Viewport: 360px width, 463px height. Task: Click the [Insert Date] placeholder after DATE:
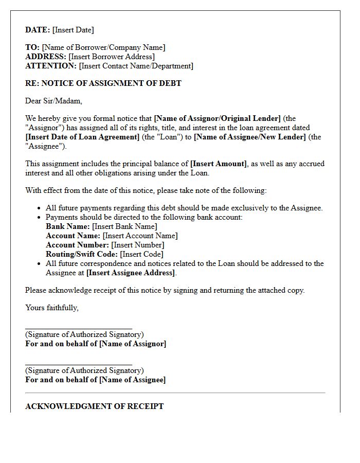point(73,30)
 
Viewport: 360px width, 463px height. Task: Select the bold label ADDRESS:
point(46,57)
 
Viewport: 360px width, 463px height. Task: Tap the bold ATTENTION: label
point(51,66)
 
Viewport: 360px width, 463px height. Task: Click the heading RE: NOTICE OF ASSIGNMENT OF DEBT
point(103,83)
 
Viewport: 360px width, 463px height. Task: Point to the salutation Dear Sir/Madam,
point(53,101)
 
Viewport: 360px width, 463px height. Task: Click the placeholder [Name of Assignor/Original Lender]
point(217,118)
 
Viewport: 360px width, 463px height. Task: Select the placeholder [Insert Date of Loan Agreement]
point(82,137)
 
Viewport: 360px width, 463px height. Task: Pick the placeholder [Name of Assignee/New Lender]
point(250,137)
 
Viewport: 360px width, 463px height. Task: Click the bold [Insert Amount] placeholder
point(219,164)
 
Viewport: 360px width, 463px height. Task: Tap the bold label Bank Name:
point(68,226)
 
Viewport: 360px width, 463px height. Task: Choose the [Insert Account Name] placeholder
point(140,236)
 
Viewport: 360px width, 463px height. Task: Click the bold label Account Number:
point(77,245)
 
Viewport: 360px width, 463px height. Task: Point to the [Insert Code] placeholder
point(141,254)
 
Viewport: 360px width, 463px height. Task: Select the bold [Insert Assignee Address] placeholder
point(131,273)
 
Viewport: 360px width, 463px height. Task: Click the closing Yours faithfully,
point(52,308)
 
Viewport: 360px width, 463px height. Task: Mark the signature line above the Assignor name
point(79,328)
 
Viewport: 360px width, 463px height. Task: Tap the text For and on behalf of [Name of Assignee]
point(96,380)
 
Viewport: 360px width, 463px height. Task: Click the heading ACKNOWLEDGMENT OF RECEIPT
point(95,406)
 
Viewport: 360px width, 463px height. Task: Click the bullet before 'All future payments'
point(40,208)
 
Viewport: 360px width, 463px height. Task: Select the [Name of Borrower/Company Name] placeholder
point(103,47)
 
